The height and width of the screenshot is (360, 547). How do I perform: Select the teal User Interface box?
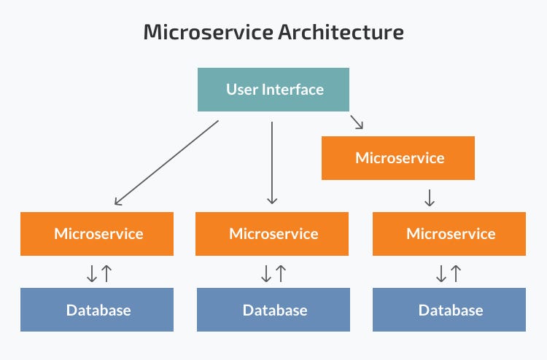(x=273, y=90)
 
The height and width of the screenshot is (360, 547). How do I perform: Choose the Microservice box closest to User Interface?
(x=398, y=157)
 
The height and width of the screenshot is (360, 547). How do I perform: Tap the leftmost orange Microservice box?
(x=97, y=234)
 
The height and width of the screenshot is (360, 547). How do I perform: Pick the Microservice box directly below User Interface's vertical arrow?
(x=273, y=234)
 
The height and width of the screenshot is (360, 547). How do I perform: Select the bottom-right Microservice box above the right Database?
(x=449, y=234)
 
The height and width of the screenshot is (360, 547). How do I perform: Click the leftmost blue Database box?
(x=97, y=310)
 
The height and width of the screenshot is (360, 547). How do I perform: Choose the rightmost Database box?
(x=449, y=310)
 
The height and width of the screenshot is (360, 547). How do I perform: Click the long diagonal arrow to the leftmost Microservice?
(x=166, y=163)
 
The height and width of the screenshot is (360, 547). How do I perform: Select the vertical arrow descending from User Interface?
(x=272, y=162)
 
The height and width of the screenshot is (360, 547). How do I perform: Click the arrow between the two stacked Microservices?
(x=430, y=197)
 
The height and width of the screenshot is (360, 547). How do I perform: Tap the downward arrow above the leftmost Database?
(x=92, y=273)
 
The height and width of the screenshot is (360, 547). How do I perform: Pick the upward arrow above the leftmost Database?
(x=106, y=273)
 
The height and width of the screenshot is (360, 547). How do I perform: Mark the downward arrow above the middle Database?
(x=266, y=273)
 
